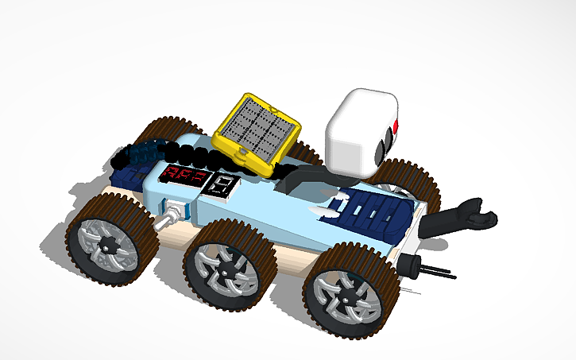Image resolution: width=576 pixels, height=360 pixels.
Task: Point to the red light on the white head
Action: click(x=396, y=127)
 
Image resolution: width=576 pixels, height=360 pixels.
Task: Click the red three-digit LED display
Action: click(x=186, y=176)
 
